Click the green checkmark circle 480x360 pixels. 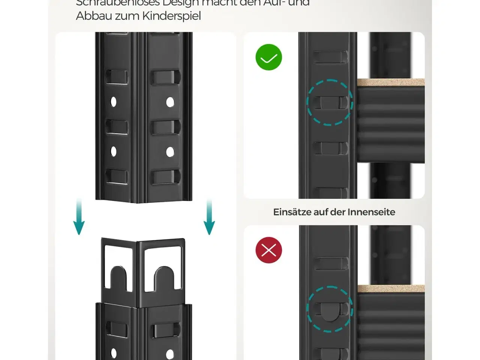point(268,57)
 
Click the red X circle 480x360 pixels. point(268,250)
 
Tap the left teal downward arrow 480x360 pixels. point(79,217)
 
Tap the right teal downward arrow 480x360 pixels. point(209,217)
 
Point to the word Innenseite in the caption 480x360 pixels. point(371,212)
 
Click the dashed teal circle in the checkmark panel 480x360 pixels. point(330,102)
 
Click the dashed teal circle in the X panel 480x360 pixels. point(330,309)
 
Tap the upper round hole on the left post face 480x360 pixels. point(113,102)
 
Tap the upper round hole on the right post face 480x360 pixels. point(170,102)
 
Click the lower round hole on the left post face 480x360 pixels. point(113,151)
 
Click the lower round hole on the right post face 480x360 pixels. point(170,151)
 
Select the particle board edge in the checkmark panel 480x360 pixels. point(390,82)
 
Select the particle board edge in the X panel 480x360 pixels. point(390,288)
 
